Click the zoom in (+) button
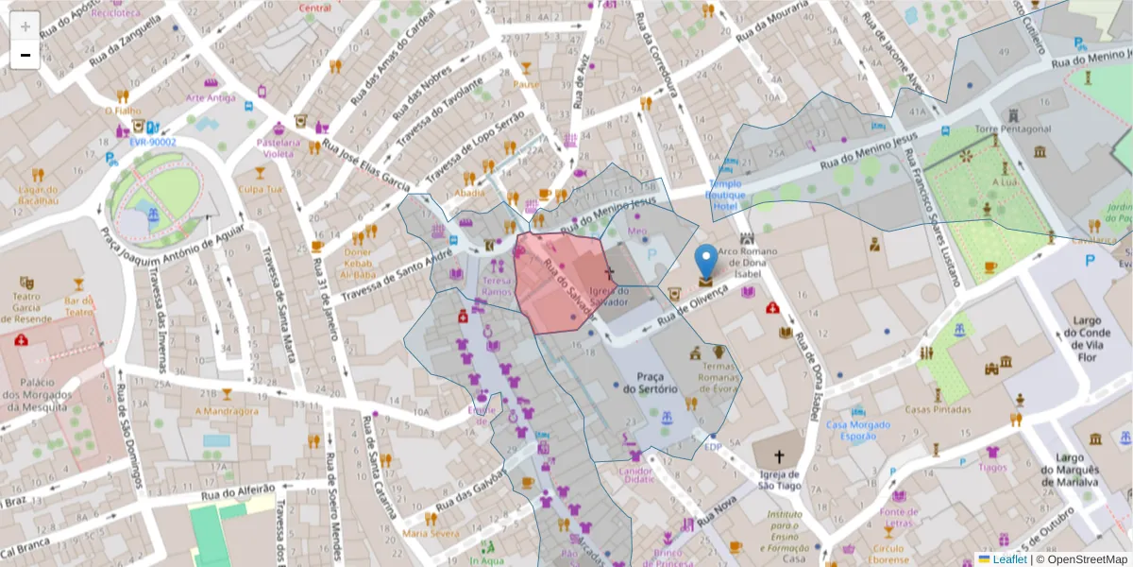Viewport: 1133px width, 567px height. coord(25,26)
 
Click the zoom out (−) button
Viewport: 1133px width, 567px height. coord(25,55)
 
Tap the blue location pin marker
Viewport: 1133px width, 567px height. coord(706,264)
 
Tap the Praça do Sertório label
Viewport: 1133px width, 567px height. coord(651,383)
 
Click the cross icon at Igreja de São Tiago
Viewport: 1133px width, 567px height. coord(779,455)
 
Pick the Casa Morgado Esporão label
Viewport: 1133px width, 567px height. coord(857,431)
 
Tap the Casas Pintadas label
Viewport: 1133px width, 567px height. coord(938,410)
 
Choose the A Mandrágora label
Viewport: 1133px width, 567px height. coord(226,411)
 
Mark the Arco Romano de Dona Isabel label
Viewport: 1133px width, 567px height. coord(753,263)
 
